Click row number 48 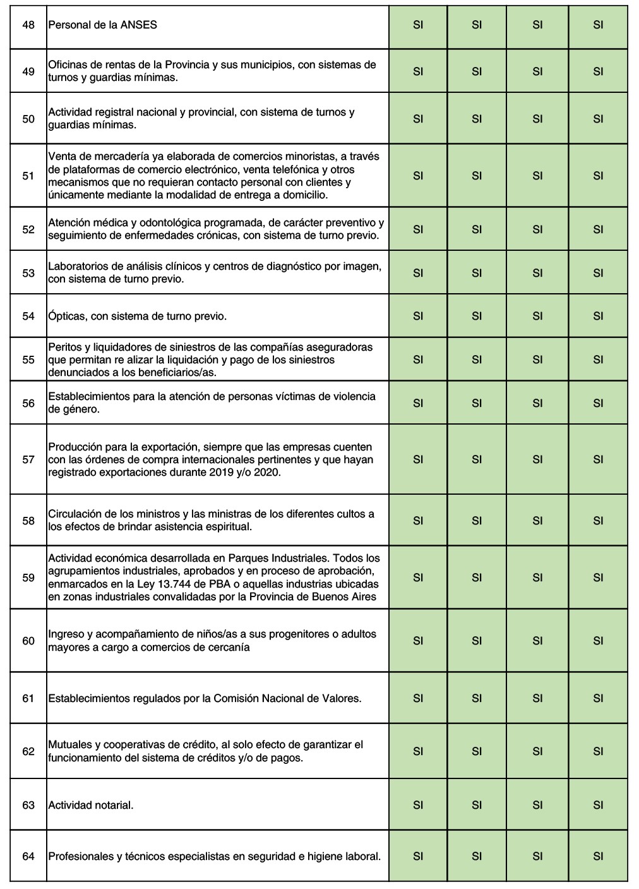click(x=28, y=25)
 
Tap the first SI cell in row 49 click(x=418, y=71)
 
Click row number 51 click(x=28, y=176)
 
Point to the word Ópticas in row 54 click(x=67, y=316)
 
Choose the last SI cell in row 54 click(x=598, y=316)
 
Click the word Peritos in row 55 click(x=66, y=347)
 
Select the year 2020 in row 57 click(x=268, y=472)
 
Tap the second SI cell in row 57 click(x=477, y=459)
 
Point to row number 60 click(x=28, y=641)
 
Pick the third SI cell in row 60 click(x=537, y=641)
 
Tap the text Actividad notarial click(x=91, y=805)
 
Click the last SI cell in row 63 click(x=598, y=805)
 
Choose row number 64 click(x=28, y=856)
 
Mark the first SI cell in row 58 click(x=418, y=521)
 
